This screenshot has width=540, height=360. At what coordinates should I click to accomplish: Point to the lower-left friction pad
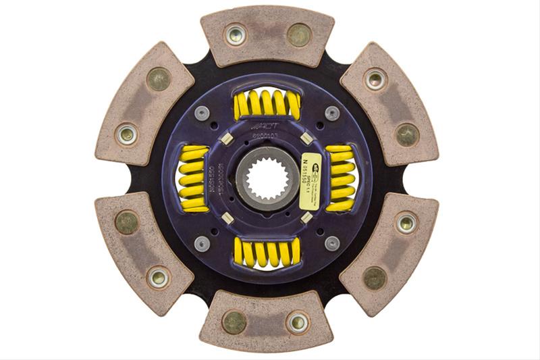(x=143, y=253)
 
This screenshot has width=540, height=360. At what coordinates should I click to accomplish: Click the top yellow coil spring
(x=267, y=104)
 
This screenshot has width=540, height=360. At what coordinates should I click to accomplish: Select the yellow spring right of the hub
(x=340, y=178)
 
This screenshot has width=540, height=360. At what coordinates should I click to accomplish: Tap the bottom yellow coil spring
(x=267, y=252)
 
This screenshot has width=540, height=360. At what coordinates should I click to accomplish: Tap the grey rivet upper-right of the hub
(x=331, y=113)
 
